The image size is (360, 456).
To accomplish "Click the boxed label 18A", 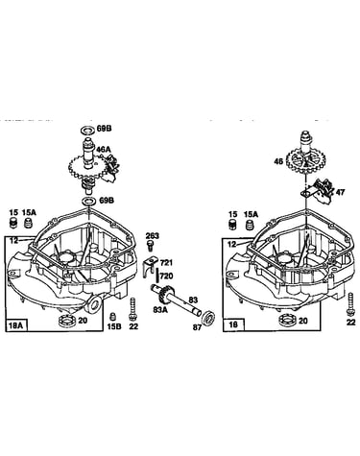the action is (x=16, y=325).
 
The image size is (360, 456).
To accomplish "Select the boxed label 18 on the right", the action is (x=233, y=324).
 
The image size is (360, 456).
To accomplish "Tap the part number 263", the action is (x=153, y=236).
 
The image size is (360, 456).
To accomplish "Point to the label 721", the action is (x=166, y=263).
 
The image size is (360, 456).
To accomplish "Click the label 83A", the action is (x=159, y=309).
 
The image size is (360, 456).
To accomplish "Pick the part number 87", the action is (x=198, y=327).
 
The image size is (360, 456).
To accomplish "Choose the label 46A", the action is (x=104, y=149).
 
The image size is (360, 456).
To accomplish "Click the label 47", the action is (x=341, y=192).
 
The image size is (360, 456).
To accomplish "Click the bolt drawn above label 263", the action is (x=150, y=246).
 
